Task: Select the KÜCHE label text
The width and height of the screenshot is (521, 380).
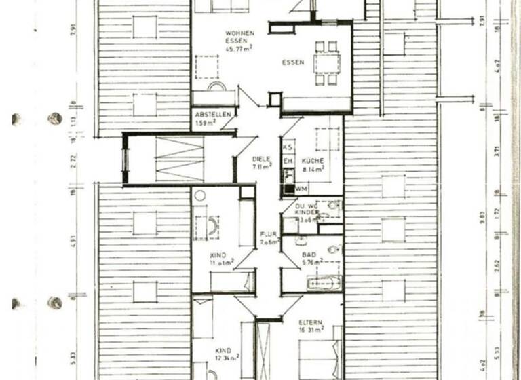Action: click(313, 161)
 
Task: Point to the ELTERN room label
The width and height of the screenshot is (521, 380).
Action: click(310, 323)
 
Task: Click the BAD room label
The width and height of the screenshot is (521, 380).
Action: click(309, 254)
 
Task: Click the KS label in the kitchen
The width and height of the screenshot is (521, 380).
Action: click(288, 147)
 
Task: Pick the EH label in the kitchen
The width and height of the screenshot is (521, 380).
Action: click(288, 161)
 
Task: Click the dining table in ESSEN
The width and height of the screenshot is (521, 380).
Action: click(326, 63)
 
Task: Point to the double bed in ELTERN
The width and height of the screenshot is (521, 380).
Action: click(319, 357)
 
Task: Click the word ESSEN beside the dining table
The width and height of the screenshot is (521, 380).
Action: click(293, 64)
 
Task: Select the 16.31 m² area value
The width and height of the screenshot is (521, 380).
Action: click(311, 330)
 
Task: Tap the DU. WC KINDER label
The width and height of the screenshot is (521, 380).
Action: click(309, 211)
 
